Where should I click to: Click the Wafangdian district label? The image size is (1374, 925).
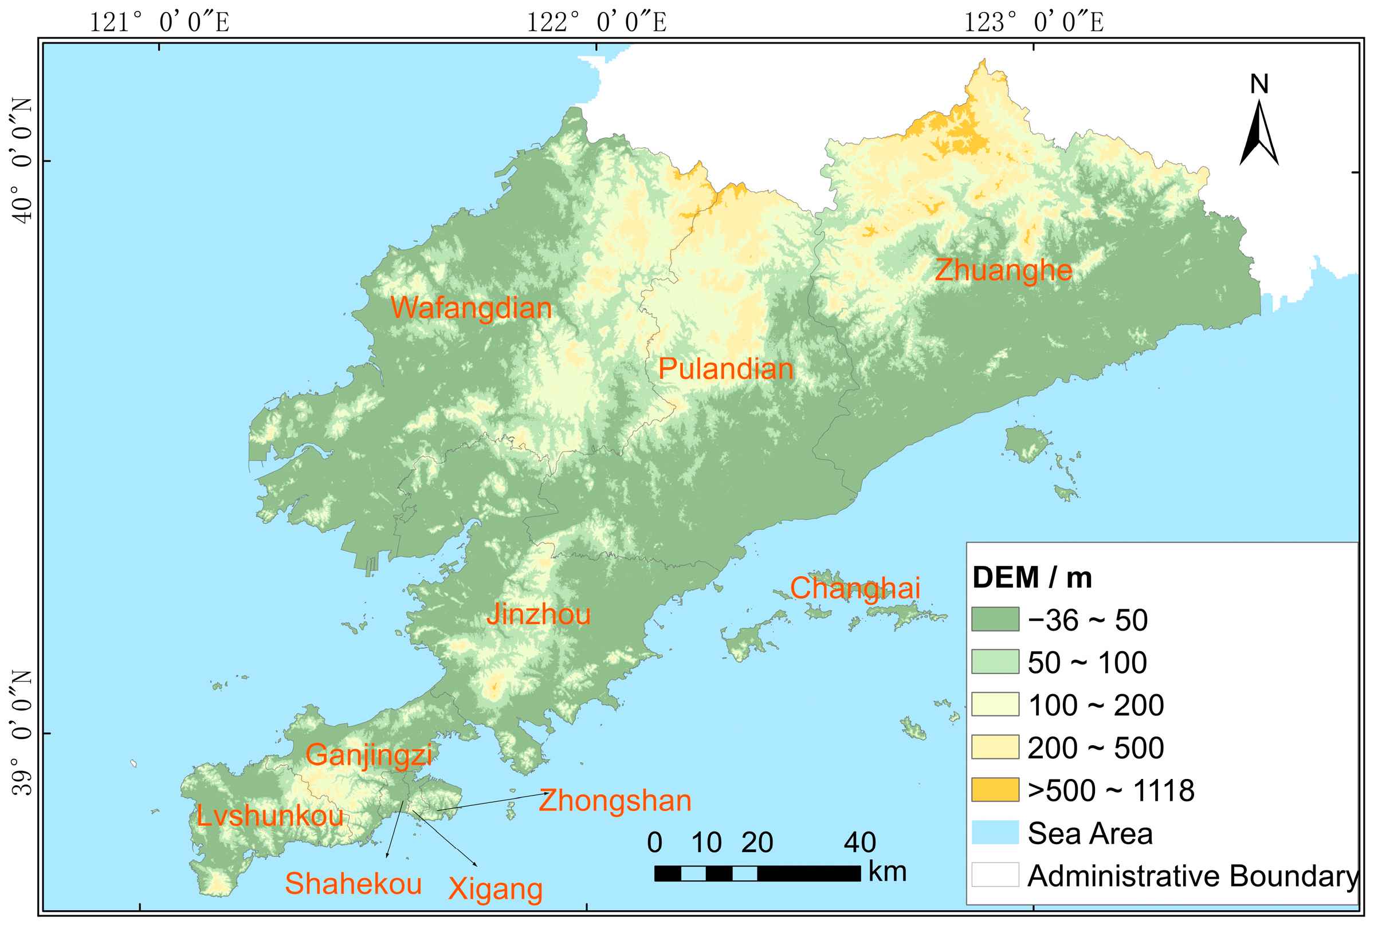pyautogui.click(x=470, y=309)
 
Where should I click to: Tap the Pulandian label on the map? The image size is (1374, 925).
pyautogui.click(x=725, y=369)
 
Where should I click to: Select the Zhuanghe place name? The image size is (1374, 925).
pyautogui.click(x=1003, y=270)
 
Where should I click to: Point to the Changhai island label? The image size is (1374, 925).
pyautogui.click(x=855, y=588)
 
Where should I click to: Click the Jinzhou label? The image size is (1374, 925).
pyautogui.click(x=538, y=615)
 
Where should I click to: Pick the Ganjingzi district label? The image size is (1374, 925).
pyautogui.click(x=368, y=755)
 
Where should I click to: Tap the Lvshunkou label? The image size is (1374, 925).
pyautogui.click(x=270, y=816)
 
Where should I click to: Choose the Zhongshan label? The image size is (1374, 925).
pyautogui.click(x=614, y=801)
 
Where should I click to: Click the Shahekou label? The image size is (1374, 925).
pyautogui.click(x=353, y=884)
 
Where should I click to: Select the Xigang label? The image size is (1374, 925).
pyautogui.click(x=494, y=889)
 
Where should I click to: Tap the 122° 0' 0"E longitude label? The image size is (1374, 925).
pyautogui.click(x=596, y=23)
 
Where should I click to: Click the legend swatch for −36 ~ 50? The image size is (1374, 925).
pyautogui.click(x=995, y=619)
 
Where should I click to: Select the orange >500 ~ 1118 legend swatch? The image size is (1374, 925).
pyautogui.click(x=995, y=790)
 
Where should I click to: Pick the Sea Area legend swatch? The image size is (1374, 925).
pyautogui.click(x=995, y=832)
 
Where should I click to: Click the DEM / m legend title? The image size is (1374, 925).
pyautogui.click(x=1032, y=577)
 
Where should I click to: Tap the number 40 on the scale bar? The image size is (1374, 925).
pyautogui.click(x=859, y=843)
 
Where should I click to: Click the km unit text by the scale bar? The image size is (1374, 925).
pyautogui.click(x=887, y=872)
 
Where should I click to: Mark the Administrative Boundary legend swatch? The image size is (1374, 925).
pyautogui.click(x=995, y=875)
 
